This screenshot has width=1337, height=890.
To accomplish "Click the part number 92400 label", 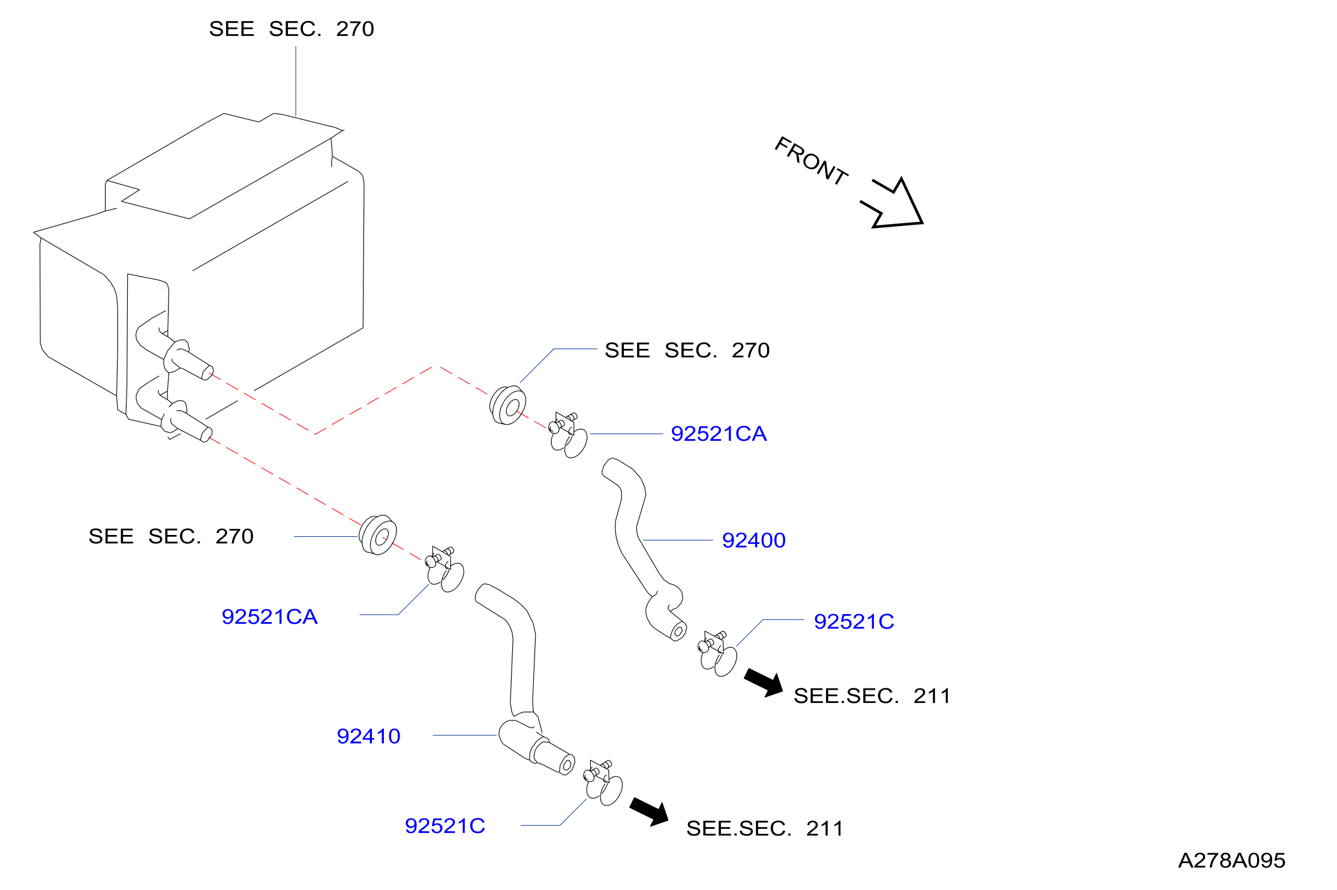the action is [753, 540].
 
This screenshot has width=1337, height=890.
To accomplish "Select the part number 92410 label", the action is [368, 736].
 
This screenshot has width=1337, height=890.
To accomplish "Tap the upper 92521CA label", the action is [719, 434].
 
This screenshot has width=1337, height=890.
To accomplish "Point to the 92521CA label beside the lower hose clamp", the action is [269, 617].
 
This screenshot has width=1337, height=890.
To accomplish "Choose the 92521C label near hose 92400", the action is [854, 621].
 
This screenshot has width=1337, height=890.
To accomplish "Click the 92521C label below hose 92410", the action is [445, 826].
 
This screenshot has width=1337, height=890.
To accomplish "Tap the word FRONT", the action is [811, 160].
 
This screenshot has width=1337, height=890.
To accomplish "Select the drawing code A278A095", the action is [1232, 861].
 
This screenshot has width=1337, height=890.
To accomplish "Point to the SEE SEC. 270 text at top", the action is [292, 29].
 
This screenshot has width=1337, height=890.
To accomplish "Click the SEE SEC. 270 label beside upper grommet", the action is [687, 350].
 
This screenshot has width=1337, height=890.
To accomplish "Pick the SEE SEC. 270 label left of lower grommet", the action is [171, 536].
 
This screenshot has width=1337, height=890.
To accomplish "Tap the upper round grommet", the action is [508, 405].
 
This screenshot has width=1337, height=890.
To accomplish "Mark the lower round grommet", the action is [378, 535].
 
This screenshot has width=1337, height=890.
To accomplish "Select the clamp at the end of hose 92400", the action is [717, 654].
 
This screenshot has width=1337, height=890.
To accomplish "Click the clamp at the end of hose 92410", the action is [603, 783].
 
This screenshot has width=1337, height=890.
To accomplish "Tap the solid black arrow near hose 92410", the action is [650, 812].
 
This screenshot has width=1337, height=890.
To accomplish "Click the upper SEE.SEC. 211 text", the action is [872, 696].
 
